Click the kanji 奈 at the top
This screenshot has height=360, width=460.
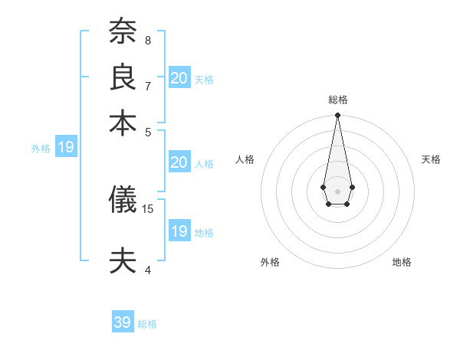pyautogui.click(x=123, y=32)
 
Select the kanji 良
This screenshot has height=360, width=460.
pyautogui.click(x=123, y=77)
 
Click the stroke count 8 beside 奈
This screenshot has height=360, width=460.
pyautogui.click(x=148, y=40)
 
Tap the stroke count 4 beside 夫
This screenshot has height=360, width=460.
pyautogui.click(x=148, y=270)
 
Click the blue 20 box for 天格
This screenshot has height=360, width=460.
pyautogui.click(x=179, y=77)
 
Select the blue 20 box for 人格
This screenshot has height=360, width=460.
pyautogui.click(x=179, y=162)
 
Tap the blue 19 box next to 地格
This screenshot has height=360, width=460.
pyautogui.click(x=179, y=231)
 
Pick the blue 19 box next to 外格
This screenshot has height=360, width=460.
pyautogui.click(x=66, y=148)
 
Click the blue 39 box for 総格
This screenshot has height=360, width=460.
pyautogui.click(x=123, y=322)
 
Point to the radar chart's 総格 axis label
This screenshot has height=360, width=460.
pyautogui.click(x=337, y=100)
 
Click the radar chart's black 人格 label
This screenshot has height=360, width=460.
pyautogui.click(x=245, y=159)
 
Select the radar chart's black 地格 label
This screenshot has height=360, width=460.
pyautogui.click(x=402, y=262)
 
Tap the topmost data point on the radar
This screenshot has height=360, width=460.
pyautogui.click(x=337, y=116)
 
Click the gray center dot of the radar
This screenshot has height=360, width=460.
pyautogui.click(x=337, y=190)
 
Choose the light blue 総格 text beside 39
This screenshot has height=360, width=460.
pyautogui.click(x=147, y=324)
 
